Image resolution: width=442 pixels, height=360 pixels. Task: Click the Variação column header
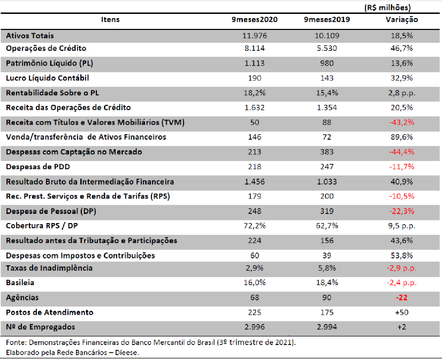coord(402,20)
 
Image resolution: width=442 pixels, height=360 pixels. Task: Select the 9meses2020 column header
coord(255,19)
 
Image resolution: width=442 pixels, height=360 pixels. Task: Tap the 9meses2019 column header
coord(327,19)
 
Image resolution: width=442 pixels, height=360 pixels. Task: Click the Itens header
coord(110,19)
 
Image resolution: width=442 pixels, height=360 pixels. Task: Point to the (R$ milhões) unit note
coord(387,7)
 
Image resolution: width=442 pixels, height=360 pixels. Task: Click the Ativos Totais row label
coord(30,36)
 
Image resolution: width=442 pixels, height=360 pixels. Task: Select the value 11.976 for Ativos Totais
coord(255,36)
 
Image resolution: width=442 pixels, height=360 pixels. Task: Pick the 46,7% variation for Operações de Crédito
coord(402,48)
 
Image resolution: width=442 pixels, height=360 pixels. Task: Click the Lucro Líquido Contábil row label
coord(47,78)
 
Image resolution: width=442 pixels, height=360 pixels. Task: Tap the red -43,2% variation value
coord(402,122)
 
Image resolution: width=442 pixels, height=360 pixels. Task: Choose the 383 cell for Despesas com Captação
coord(327,152)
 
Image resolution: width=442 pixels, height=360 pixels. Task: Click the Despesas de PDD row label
coord(38,167)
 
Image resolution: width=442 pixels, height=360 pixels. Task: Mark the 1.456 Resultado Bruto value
coord(255,182)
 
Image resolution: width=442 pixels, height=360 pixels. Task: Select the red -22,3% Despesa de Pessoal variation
coord(402,211)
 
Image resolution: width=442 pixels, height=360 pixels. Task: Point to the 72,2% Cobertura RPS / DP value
coord(255,226)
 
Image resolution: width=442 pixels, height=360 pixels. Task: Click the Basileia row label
coord(20,282)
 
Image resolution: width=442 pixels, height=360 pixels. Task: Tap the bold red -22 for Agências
coord(402,298)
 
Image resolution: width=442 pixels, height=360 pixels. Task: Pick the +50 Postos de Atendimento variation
coord(402,312)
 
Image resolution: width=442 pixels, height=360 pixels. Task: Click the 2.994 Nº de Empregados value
coord(327,327)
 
